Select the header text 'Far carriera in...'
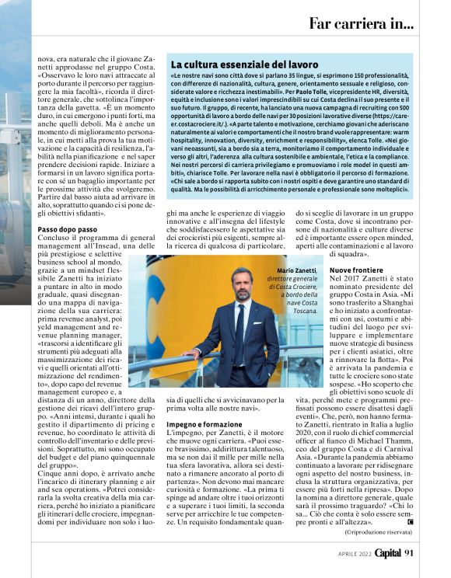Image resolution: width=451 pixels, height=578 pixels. (x=361, y=23)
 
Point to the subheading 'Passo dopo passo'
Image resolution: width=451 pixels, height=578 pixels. (x=68, y=230)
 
